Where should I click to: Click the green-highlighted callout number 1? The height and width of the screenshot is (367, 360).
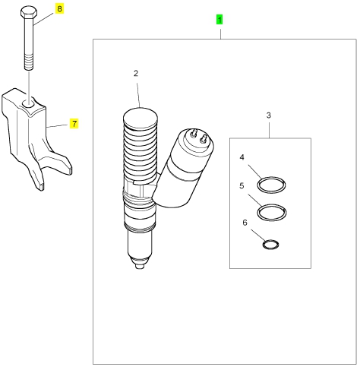tap(219, 20)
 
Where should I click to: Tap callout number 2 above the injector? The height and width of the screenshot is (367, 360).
tap(136, 74)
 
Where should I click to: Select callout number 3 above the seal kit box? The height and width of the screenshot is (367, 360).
tap(269, 115)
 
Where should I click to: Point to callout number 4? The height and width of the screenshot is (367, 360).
tap(242, 157)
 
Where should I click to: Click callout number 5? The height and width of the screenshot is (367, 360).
tap(242, 185)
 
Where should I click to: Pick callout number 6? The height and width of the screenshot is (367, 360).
tap(245, 223)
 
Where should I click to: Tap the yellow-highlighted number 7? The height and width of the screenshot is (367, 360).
tap(74, 124)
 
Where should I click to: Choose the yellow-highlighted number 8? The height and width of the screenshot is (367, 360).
tap(59, 9)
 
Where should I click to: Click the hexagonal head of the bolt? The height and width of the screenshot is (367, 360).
tap(29, 12)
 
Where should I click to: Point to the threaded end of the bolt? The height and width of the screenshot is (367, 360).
tap(29, 63)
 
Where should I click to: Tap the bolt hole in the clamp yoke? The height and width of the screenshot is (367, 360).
tap(29, 103)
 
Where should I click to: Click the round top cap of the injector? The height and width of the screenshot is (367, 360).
tap(141, 117)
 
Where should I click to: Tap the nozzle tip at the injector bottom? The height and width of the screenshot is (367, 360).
tap(139, 266)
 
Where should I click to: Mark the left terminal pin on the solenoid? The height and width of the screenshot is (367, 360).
tap(194, 133)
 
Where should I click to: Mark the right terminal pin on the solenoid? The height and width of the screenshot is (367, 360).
tap(204, 138)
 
